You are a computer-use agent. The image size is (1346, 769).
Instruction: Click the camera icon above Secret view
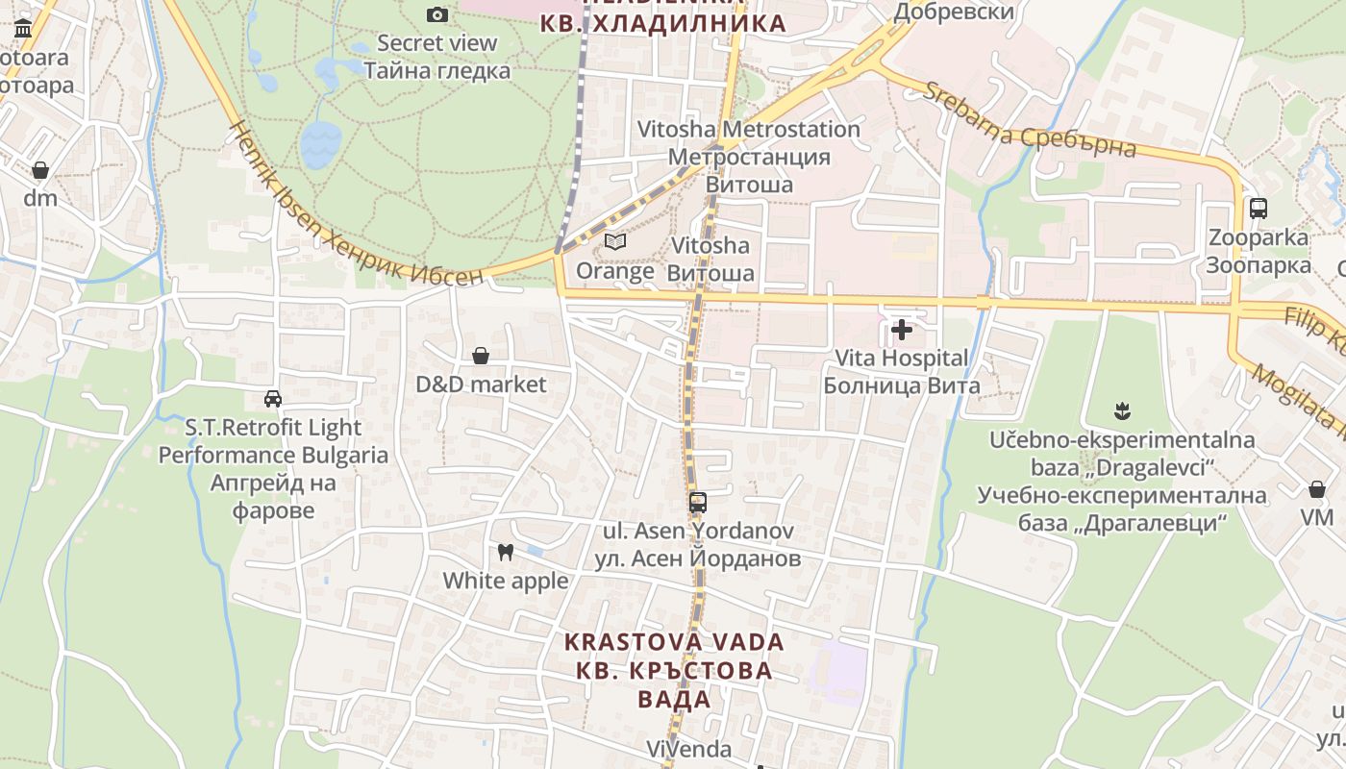[x=436, y=14]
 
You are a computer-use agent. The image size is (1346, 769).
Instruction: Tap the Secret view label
[x=437, y=43]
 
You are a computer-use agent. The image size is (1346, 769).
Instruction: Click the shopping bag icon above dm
[x=40, y=170]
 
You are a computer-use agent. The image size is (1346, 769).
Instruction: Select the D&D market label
[x=481, y=384]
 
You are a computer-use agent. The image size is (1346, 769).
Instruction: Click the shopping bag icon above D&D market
[x=481, y=357]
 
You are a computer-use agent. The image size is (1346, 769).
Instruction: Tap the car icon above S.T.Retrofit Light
[x=273, y=399]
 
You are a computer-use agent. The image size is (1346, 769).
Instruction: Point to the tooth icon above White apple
[x=505, y=553]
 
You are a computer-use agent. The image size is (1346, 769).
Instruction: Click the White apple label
[x=506, y=581]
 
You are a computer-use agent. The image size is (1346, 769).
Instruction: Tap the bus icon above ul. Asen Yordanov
[x=698, y=502]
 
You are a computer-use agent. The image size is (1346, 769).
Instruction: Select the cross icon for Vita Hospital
[x=902, y=331]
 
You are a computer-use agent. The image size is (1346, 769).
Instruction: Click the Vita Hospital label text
[x=902, y=359]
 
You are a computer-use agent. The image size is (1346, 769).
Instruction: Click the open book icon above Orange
[x=615, y=242]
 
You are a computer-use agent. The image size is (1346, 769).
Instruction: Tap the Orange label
[x=615, y=271]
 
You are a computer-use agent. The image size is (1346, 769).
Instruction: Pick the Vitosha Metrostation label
[x=749, y=129]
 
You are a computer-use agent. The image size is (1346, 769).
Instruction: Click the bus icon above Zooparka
[x=1258, y=208]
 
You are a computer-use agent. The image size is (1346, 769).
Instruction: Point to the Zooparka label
[x=1259, y=237]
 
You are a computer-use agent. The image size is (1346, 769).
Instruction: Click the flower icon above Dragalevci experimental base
[x=1121, y=412]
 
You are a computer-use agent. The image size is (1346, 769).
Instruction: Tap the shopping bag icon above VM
[x=1317, y=490]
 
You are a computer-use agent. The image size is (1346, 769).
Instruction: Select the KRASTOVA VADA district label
[x=674, y=641]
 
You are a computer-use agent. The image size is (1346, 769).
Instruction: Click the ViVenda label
[x=688, y=749]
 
